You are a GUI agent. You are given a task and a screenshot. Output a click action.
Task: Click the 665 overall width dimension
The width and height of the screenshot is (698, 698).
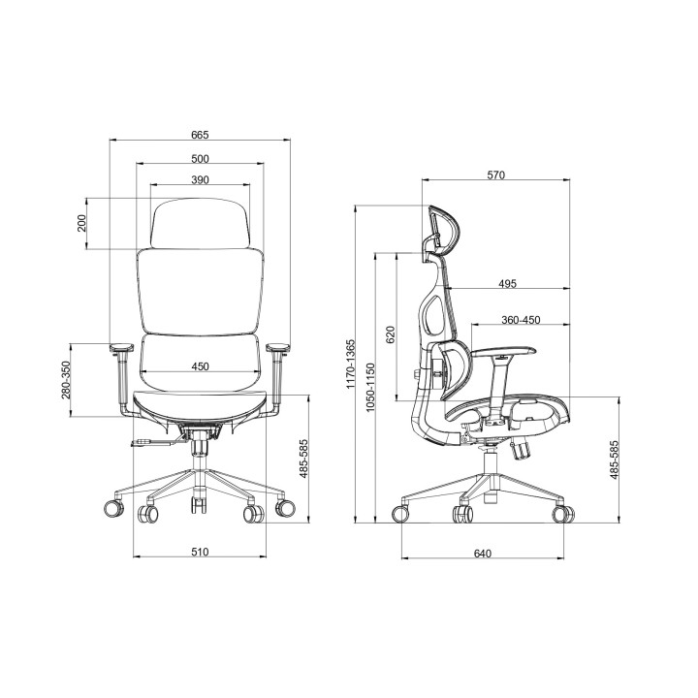pos(200,135)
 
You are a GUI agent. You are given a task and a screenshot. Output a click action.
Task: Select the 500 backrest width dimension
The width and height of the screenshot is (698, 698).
pos(200,158)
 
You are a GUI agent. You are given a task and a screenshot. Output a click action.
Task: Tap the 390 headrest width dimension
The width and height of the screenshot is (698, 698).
pos(200,180)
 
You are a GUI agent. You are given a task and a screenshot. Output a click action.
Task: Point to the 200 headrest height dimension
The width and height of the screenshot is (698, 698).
pos(81,223)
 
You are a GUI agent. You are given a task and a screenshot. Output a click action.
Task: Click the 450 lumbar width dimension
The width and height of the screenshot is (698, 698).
pos(200,366)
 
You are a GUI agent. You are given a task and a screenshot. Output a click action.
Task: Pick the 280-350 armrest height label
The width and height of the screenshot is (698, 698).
pos(66,380)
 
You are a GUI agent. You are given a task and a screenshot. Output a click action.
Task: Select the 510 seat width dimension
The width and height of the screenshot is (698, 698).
pos(200,552)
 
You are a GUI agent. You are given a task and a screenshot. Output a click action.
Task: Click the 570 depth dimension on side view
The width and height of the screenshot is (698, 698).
pos(496,174)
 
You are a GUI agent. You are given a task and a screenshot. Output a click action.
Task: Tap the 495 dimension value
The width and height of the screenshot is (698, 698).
pos(507,283)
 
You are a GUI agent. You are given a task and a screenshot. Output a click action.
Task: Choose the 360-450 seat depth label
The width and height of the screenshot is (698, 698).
pos(521,320)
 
